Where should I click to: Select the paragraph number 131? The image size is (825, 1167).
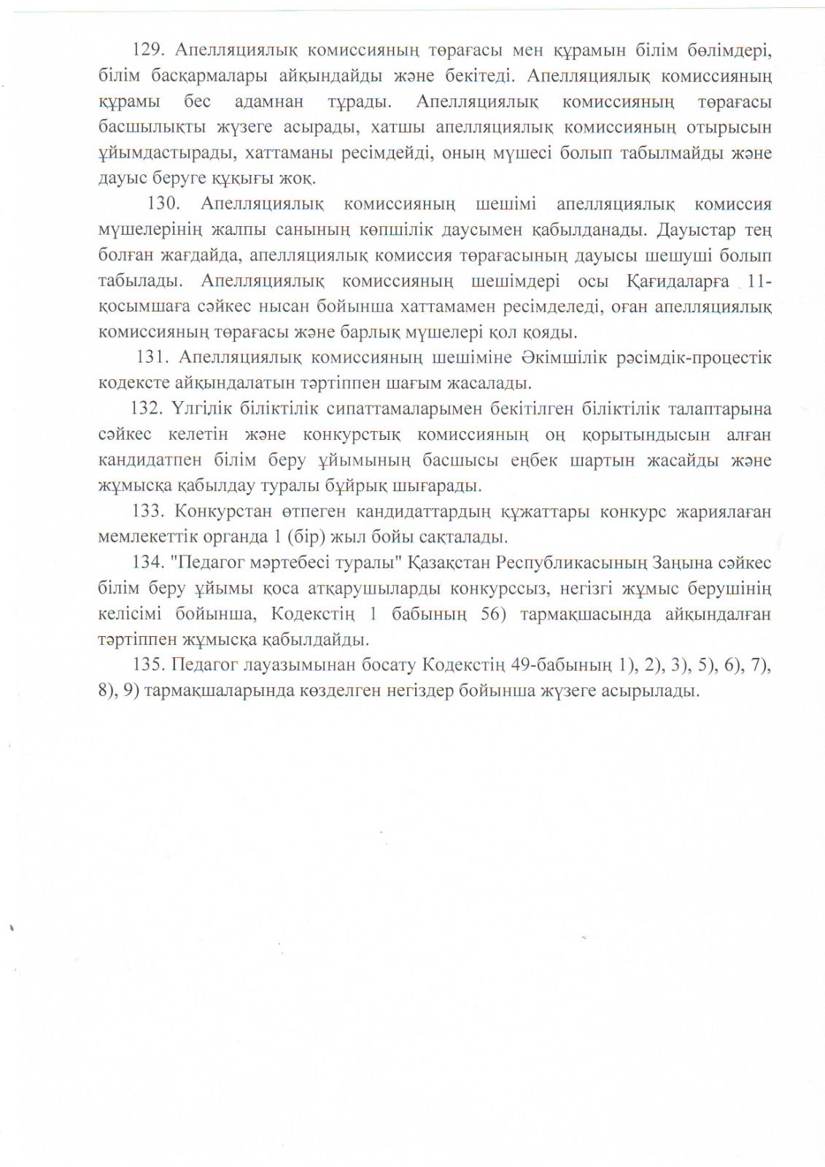pos(152,357)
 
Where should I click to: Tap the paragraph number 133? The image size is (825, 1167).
pos(149,511)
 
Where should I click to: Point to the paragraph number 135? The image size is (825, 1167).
pos(149,665)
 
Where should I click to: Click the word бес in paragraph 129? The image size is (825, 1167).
pos(197,101)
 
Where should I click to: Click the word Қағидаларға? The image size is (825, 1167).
pos(678,282)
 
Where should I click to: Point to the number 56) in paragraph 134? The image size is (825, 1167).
pos(493,614)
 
